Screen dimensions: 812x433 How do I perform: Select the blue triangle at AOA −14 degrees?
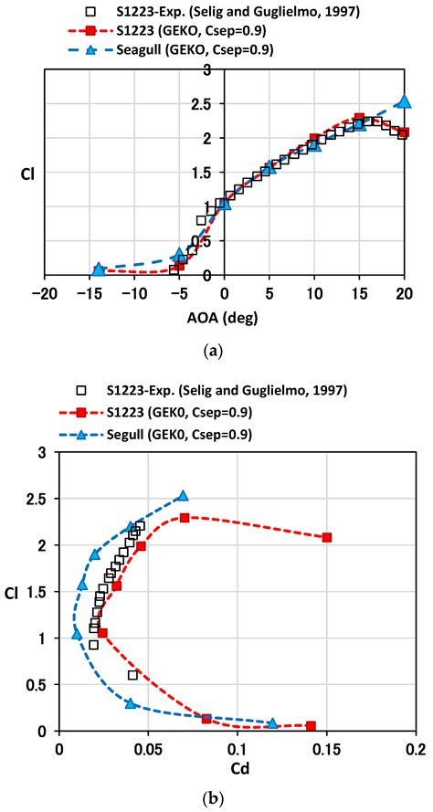(x=99, y=269)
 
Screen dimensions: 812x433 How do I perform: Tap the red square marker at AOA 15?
(x=359, y=119)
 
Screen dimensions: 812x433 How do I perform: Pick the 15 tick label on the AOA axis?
(x=359, y=293)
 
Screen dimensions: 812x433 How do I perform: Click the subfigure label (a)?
(x=224, y=348)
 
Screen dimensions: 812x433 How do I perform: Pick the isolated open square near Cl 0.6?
(x=132, y=675)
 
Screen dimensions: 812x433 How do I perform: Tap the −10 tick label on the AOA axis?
(x=132, y=293)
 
